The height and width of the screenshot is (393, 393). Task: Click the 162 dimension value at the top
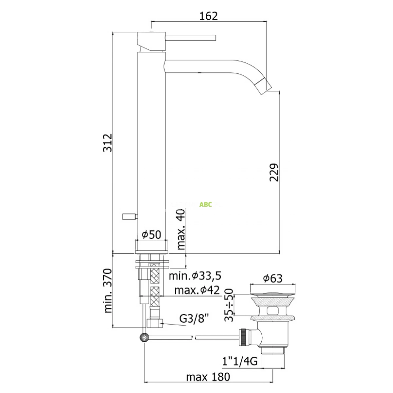(208, 16)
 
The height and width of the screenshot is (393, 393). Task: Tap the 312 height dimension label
(107, 143)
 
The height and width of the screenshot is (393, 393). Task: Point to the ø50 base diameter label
(151, 235)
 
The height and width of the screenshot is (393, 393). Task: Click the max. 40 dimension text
(181, 229)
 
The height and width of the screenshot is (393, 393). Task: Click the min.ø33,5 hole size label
(195, 276)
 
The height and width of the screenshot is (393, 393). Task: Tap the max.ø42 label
(197, 290)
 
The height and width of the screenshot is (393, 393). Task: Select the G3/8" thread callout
(194, 318)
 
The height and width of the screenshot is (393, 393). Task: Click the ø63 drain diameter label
(273, 278)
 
